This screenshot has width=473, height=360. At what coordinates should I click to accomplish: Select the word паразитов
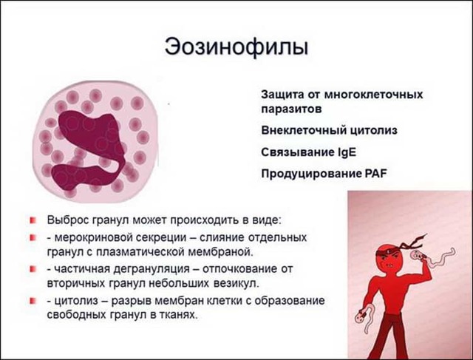click(290, 109)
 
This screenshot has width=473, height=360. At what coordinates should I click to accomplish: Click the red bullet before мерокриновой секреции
click(34, 239)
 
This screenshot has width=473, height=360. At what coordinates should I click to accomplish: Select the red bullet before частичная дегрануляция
click(34, 270)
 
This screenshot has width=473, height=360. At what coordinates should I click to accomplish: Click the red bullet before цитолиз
click(34, 301)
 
